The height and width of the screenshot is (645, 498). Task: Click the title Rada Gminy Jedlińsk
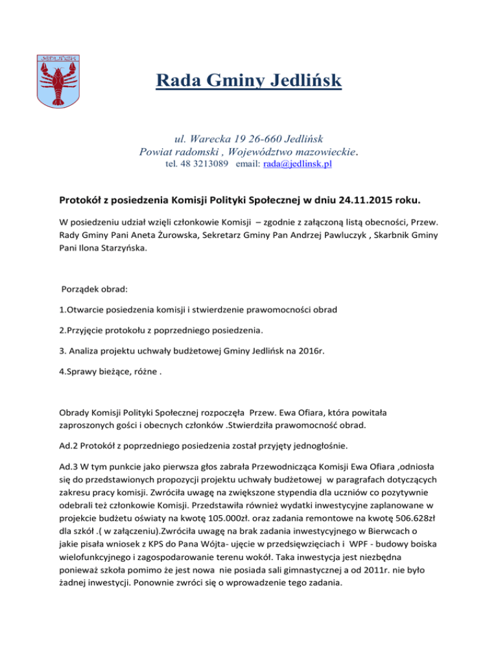pyautogui.click(x=248, y=82)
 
